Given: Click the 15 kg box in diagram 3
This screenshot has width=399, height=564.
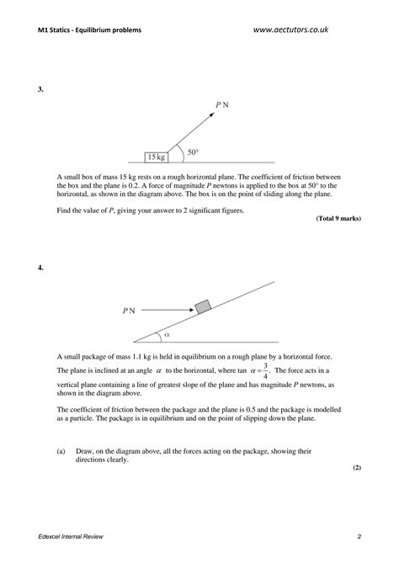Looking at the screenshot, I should pos(156,157).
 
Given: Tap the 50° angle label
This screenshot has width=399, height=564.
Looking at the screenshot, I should pos(193,152).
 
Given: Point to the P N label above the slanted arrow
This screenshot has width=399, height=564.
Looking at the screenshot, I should pos(221,105).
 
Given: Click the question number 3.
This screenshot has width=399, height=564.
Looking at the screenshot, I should pos(40,88).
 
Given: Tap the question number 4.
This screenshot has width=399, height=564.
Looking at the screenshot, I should pos(40,268).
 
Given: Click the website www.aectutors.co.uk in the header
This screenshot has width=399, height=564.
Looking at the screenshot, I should pos(290,29).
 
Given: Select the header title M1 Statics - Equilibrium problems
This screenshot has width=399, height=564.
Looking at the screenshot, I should pos(90,30).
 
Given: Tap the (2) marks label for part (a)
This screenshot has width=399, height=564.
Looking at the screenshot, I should pos(356,466).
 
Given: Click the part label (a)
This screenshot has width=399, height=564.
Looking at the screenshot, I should pos(61,450).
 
